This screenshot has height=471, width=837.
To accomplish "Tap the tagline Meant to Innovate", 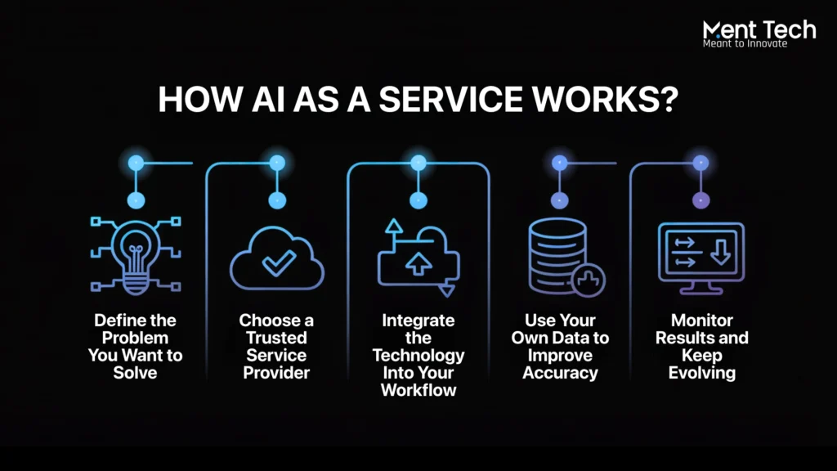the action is coord(745,44).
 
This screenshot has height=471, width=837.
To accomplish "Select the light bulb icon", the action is coord(136,256).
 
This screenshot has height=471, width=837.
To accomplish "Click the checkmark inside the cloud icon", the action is coord(278,262).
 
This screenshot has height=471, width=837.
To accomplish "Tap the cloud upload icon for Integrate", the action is coord(418,258).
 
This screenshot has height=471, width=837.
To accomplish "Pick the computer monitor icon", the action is coord(700,258).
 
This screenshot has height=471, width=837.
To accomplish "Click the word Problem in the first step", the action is coord(135,338).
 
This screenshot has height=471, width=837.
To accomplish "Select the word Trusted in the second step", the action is coord(276,338).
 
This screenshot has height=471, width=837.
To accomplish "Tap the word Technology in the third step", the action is coord(418,356).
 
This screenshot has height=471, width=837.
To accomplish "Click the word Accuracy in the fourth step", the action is coord(560,373).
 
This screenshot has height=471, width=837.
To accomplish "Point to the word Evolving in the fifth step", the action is coord(702,373).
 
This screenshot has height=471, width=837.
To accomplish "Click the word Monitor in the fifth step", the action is coord(702,321).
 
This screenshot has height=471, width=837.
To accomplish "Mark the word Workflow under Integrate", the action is coord(418,390).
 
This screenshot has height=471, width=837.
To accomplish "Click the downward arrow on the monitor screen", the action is coord(721,252).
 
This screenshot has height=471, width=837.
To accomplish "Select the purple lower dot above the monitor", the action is coord(700,201).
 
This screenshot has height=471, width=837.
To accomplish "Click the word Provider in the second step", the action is coord(276,373).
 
